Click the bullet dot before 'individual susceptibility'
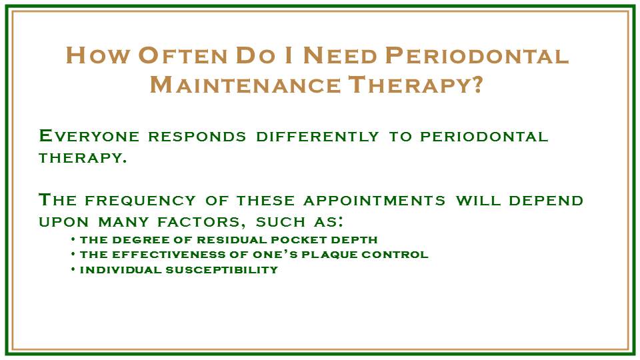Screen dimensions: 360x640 coord(72,269)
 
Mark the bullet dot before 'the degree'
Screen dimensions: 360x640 coord(72,239)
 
